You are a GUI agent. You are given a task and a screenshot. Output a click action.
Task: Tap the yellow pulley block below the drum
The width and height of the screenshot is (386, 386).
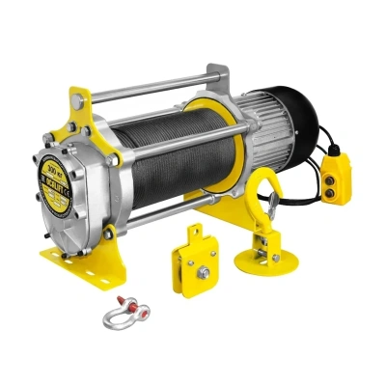pyautogui.click(x=204, y=262)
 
